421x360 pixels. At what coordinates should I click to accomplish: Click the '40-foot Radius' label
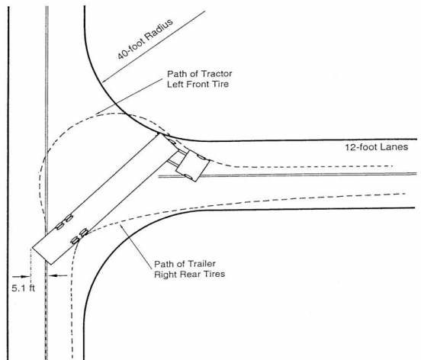pyautogui.click(x=145, y=39)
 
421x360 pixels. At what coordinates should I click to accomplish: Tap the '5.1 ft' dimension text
pyautogui.click(x=24, y=288)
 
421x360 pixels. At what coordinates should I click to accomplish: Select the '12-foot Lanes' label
pyautogui.click(x=377, y=147)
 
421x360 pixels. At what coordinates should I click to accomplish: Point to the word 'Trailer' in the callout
pyautogui.click(x=201, y=264)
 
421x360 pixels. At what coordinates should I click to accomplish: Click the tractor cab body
pyautogui.click(x=192, y=166)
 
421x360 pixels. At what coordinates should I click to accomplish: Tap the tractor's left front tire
pyautogui.click(x=202, y=157)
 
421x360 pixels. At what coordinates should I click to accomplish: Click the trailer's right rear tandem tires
pyautogui.click(x=79, y=236)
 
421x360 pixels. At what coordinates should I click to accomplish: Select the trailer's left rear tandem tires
pyautogui.click(x=64, y=222)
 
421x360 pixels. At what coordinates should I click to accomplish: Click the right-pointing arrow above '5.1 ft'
pyautogui.click(x=21, y=276)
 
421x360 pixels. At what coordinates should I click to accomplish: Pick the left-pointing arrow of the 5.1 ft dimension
pyautogui.click(x=58, y=275)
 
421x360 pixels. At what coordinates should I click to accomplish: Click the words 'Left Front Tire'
pyautogui.click(x=198, y=84)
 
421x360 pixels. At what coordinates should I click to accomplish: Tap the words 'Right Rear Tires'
pyautogui.click(x=189, y=274)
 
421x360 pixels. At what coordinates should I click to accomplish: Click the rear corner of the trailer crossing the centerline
pyautogui.click(x=51, y=265)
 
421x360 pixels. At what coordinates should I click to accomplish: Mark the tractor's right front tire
pyautogui.click(x=188, y=177)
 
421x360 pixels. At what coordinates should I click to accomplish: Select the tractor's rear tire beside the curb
pyautogui.click(x=172, y=141)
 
